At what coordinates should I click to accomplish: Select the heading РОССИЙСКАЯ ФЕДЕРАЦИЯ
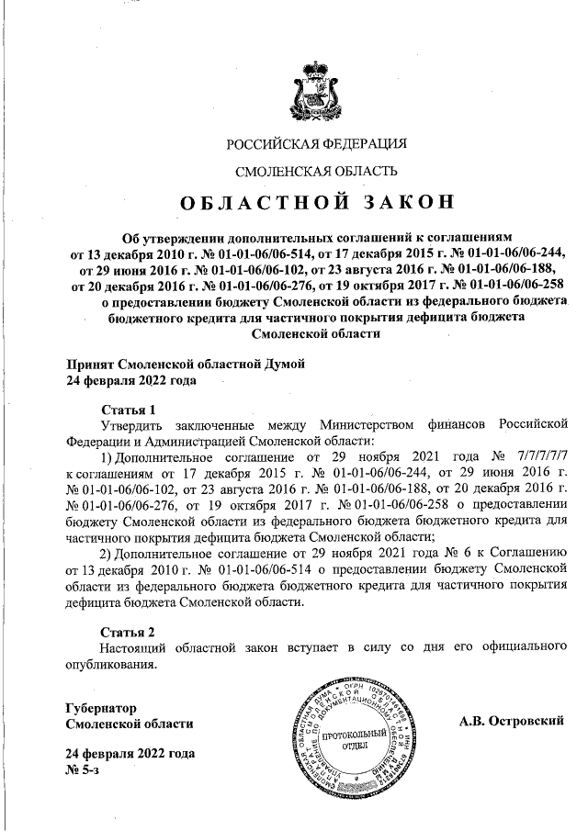coord(317,142)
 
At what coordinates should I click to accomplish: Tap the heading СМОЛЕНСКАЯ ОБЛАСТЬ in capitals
coord(317,171)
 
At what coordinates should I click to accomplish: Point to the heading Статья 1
coord(128,409)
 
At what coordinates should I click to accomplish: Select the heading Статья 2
coord(128,632)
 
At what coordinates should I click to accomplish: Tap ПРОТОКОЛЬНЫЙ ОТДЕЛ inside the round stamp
coord(345,740)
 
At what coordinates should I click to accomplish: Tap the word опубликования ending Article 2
coord(111,664)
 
